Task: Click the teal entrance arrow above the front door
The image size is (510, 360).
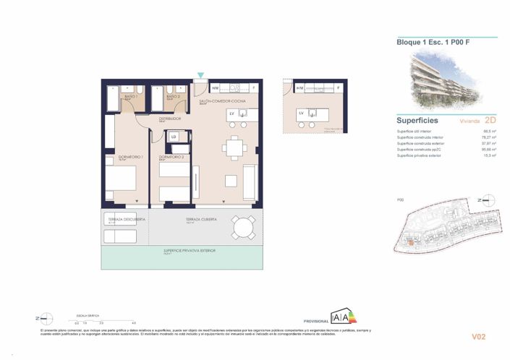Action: point(201,75)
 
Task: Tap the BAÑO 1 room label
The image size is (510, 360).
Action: point(132,95)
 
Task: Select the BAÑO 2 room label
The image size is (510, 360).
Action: point(172,95)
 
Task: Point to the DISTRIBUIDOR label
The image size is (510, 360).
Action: point(171,119)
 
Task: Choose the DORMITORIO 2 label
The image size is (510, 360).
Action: point(171,157)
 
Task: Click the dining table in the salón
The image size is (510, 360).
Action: point(234,147)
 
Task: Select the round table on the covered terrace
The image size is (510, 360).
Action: point(243,228)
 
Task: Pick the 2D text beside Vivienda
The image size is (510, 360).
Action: point(491,120)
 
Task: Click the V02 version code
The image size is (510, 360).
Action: point(478,336)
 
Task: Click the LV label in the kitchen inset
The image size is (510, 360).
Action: point(300,113)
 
